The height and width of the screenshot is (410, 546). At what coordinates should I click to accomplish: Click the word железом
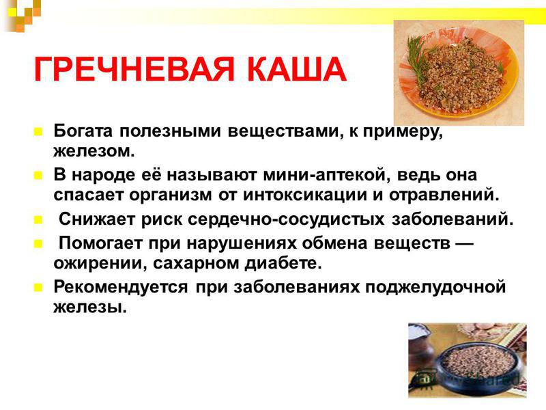(x=94, y=151)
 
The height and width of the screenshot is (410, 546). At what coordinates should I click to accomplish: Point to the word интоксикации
(x=304, y=195)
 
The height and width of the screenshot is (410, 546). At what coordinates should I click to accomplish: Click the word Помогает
(x=100, y=243)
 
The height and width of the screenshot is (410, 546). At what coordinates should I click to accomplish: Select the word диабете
(x=283, y=263)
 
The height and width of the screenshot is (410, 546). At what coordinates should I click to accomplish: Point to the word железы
(x=90, y=307)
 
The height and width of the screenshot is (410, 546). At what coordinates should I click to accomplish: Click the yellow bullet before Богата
(x=38, y=132)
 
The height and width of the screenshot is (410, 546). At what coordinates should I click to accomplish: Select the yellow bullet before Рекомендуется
(x=38, y=288)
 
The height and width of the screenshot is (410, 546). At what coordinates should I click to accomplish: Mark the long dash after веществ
(x=465, y=243)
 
